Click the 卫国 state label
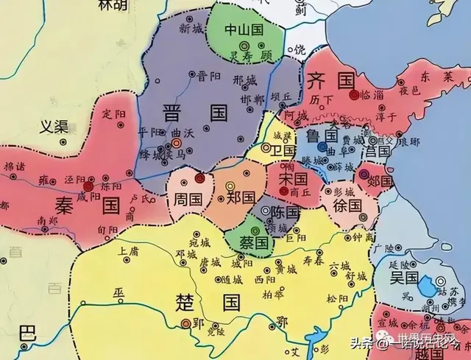283,150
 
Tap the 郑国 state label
240,199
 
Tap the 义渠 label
54,126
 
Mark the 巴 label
27,331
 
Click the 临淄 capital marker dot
355,95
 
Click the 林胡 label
111,4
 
